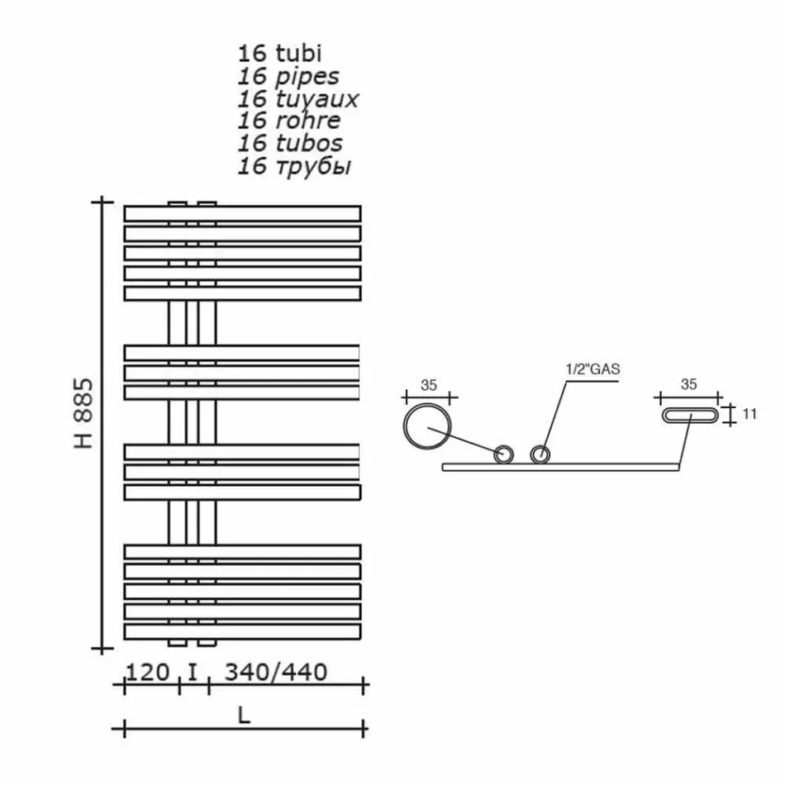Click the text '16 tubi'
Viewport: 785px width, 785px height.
click(279, 55)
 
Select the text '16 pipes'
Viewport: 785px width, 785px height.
click(288, 77)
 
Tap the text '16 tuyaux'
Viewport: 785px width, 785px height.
click(297, 99)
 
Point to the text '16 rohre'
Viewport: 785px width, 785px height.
click(288, 121)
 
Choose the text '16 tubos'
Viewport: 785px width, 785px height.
click(289, 144)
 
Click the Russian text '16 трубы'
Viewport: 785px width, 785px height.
click(294, 167)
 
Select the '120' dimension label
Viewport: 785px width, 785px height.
click(147, 671)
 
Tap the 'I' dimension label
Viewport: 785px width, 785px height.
click(193, 671)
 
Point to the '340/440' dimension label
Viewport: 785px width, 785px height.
click(276, 671)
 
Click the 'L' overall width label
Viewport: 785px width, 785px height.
click(243, 716)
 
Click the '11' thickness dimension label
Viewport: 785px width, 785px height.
click(749, 415)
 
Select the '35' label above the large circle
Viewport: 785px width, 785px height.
click(428, 384)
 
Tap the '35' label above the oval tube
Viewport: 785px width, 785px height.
click(689, 384)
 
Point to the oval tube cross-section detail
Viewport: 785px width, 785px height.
click(689, 416)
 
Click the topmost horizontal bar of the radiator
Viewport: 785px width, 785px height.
click(242, 213)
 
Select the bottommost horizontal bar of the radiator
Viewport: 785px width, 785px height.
click(242, 631)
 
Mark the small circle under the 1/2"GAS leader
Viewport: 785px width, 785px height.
click(540, 454)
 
